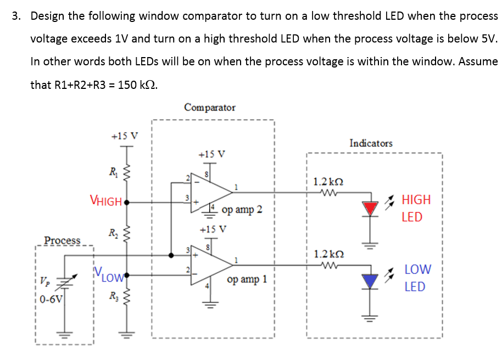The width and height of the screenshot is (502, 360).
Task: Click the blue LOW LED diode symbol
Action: [x=372, y=282]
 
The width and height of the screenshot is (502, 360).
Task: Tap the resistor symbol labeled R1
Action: [x=127, y=174]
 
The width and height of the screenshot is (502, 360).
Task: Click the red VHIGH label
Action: [x=106, y=201]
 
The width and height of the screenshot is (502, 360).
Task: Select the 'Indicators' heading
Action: [x=371, y=143]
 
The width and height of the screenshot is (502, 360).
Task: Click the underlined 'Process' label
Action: [x=62, y=240]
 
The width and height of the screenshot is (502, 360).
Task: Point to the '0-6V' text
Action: [x=52, y=299]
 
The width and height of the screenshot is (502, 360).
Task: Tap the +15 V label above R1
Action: [x=125, y=135]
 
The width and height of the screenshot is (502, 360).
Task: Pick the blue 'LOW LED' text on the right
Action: [x=417, y=278]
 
